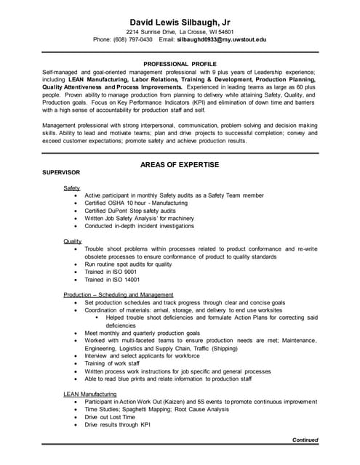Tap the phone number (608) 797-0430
point(133,40)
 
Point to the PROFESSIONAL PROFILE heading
point(180,65)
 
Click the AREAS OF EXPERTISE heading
point(180,164)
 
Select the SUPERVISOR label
point(61,173)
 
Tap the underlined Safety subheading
point(71,188)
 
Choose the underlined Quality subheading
point(72,241)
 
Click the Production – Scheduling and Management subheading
point(118,294)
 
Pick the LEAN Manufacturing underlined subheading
point(90,393)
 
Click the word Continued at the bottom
point(305,440)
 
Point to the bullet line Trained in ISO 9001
point(110,272)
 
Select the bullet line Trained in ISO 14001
point(112,280)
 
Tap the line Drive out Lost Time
point(110,417)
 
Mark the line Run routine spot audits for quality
point(128,264)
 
